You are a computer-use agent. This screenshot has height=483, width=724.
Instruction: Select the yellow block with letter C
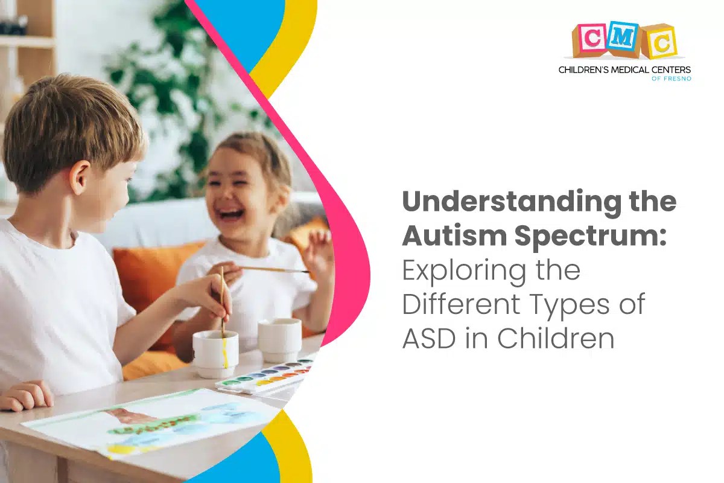pyautogui.click(x=659, y=42)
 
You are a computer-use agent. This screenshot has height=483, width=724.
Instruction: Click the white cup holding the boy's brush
pyautogui.click(x=215, y=353)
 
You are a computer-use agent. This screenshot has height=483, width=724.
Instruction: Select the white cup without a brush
pyautogui.click(x=279, y=339)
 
